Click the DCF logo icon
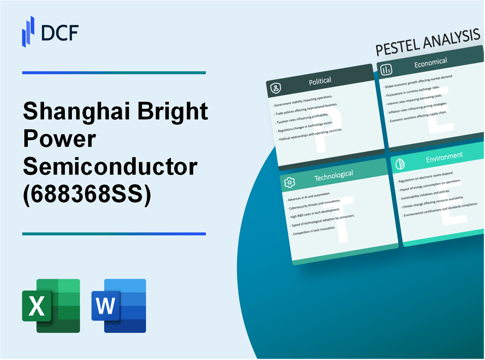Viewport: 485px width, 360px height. (x=28, y=31)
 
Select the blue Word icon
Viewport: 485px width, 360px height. (x=119, y=305)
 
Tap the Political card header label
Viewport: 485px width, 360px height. (x=321, y=81)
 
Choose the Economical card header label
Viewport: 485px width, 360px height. (x=430, y=63)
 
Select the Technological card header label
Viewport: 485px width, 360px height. (x=333, y=176)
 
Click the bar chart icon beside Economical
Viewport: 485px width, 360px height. (x=387, y=70)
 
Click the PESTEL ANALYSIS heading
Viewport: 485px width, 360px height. (x=427, y=44)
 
